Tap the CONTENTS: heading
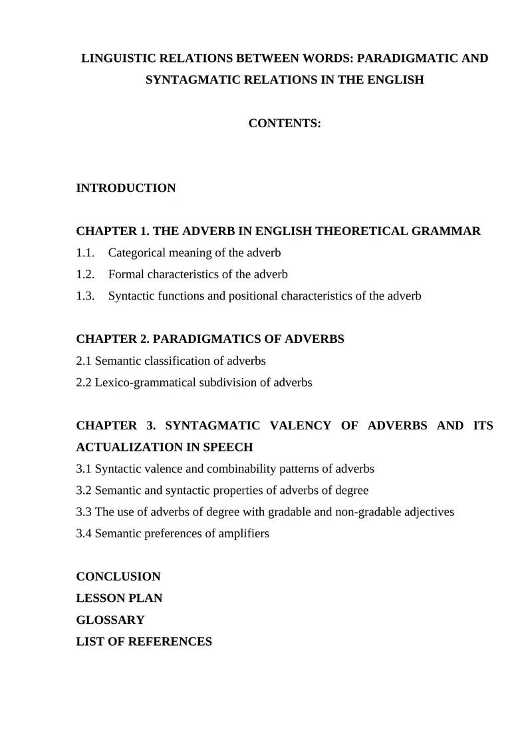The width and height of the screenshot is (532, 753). pyautogui.click(x=285, y=124)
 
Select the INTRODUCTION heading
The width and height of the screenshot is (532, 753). pyautogui.click(x=126, y=188)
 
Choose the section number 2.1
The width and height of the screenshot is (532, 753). pyautogui.click(x=84, y=361)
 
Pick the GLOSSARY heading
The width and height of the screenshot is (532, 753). pyautogui.click(x=110, y=620)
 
